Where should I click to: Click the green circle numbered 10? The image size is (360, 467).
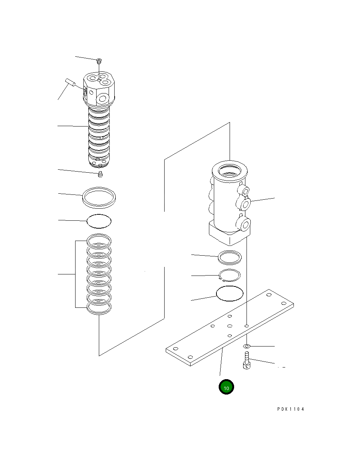point(226,393)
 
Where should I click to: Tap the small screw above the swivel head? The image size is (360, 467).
point(99,61)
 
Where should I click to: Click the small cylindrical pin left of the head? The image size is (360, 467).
point(70,83)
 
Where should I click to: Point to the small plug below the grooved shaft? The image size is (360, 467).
point(100,174)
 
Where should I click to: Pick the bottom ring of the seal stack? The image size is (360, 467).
point(99,313)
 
